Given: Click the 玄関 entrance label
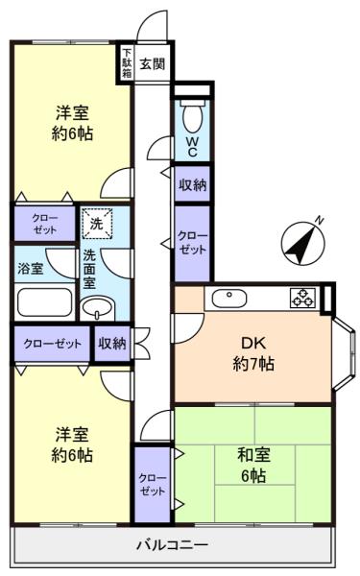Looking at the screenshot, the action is tap(152, 64).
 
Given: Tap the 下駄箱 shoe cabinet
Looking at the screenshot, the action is tap(127, 62).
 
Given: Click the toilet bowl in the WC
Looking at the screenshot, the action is tap(192, 116).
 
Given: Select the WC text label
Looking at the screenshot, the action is tap(192, 147).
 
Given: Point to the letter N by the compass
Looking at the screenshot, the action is tap(320, 221).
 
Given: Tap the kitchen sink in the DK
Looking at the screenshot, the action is tap(229, 299).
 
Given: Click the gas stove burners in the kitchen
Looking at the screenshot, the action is tap(303, 298).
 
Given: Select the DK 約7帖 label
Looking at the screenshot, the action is tap(253, 353).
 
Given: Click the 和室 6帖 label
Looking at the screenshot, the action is tap(253, 465).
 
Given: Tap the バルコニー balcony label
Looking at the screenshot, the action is tap(172, 544).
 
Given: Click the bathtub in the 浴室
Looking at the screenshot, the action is tap(44, 302).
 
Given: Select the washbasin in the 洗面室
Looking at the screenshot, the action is tap(97, 308).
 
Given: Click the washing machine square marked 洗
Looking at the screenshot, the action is tap(97, 224).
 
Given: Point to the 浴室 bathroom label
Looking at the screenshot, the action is tap(30, 269).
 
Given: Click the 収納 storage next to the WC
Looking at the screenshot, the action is tap(193, 184).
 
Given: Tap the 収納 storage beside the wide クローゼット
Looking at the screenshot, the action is tap(112, 344).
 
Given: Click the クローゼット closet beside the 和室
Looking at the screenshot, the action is tap(152, 484).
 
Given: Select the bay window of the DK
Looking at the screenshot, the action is tap(345, 354).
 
